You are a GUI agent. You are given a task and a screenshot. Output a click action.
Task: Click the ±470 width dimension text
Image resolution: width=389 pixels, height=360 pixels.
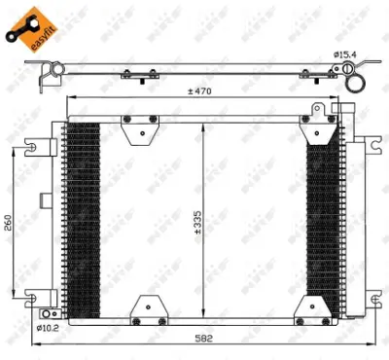click(201, 91)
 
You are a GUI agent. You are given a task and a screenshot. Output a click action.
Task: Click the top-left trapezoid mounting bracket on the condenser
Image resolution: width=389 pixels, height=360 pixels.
click(139, 124)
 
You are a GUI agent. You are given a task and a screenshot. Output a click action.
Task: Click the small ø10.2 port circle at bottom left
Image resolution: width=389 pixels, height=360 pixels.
click(49, 312)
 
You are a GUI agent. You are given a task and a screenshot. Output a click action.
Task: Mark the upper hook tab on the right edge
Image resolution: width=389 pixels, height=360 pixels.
click(371, 146)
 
